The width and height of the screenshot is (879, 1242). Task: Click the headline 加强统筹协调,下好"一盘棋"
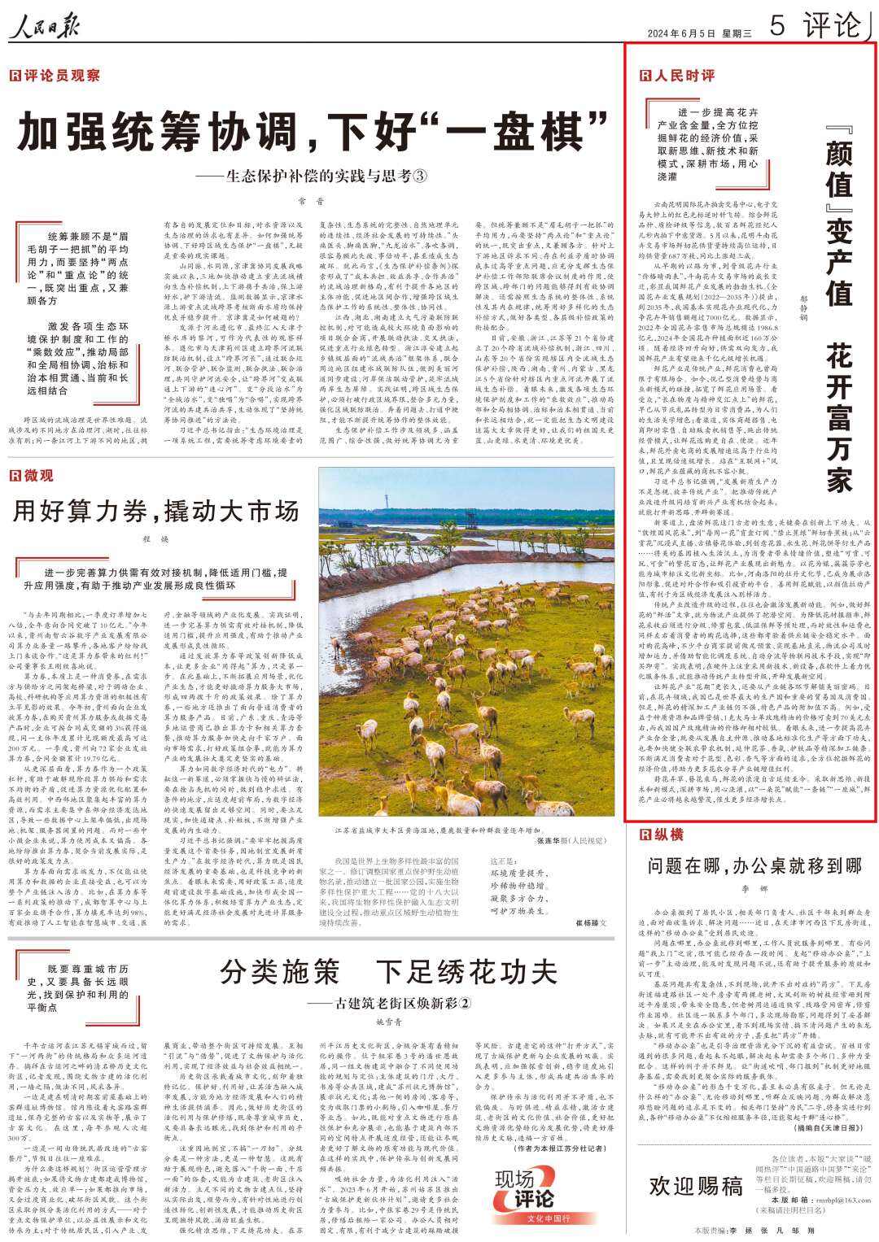[x=313, y=131]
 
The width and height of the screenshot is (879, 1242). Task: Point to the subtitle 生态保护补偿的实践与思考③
[x=317, y=176]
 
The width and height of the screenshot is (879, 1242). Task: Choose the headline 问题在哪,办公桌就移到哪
[x=754, y=865]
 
